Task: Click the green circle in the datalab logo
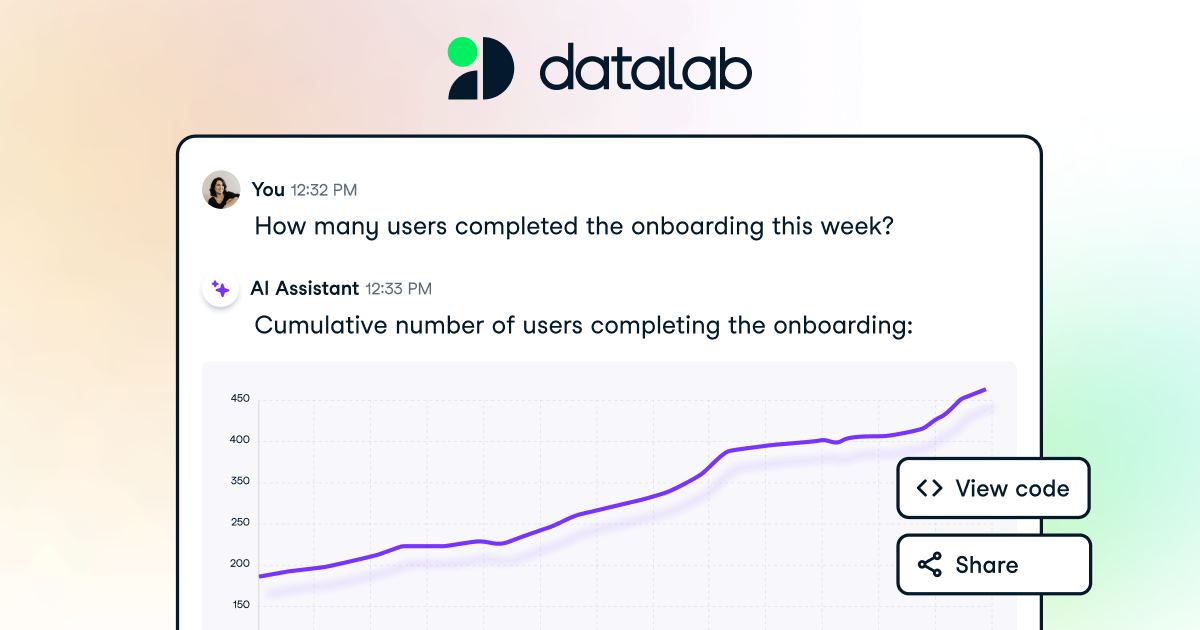pyautogui.click(x=462, y=51)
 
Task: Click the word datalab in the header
pyautogui.click(x=645, y=70)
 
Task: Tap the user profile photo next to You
pyautogui.click(x=221, y=189)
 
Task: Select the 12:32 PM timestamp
pyautogui.click(x=323, y=190)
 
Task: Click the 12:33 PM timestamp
pyautogui.click(x=398, y=289)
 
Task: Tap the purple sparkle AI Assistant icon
pyautogui.click(x=221, y=289)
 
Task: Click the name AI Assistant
pyautogui.click(x=304, y=289)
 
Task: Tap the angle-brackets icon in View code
pyautogui.click(x=929, y=488)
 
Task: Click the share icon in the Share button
pyautogui.click(x=930, y=565)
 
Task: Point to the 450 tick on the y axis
pyautogui.click(x=240, y=399)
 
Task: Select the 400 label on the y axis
pyautogui.click(x=240, y=440)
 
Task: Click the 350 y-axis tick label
pyautogui.click(x=240, y=481)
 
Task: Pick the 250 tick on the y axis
pyautogui.click(x=240, y=522)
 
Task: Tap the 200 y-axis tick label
pyautogui.click(x=240, y=563)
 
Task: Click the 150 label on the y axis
pyautogui.click(x=240, y=604)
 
